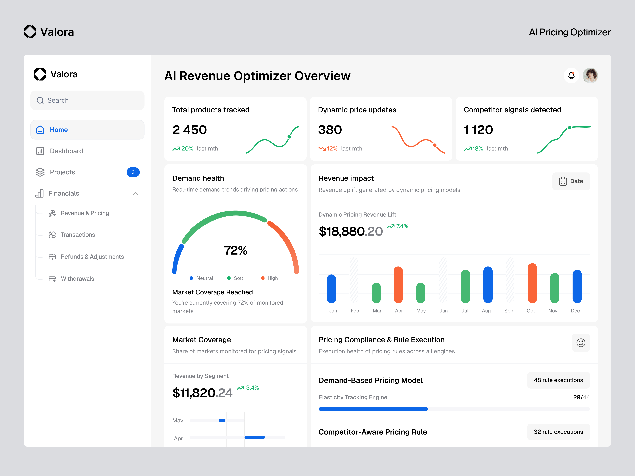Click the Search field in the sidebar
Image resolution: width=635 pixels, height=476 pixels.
tap(87, 100)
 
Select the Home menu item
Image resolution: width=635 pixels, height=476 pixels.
tap(87, 130)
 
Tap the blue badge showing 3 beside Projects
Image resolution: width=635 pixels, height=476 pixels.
tap(133, 172)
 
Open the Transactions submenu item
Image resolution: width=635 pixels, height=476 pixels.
tap(78, 235)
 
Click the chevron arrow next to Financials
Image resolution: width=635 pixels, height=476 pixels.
tap(136, 193)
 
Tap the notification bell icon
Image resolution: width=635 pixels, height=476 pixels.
tap(571, 75)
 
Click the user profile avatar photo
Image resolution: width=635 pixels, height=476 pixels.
tap(590, 75)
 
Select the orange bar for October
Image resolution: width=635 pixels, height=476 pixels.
tap(532, 283)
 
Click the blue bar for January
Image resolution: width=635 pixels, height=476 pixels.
tap(331, 289)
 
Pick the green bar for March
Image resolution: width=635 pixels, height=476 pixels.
tap(376, 293)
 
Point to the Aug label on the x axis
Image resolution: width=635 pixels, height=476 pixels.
tap(486, 311)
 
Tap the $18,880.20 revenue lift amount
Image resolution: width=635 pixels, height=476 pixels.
tap(350, 231)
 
